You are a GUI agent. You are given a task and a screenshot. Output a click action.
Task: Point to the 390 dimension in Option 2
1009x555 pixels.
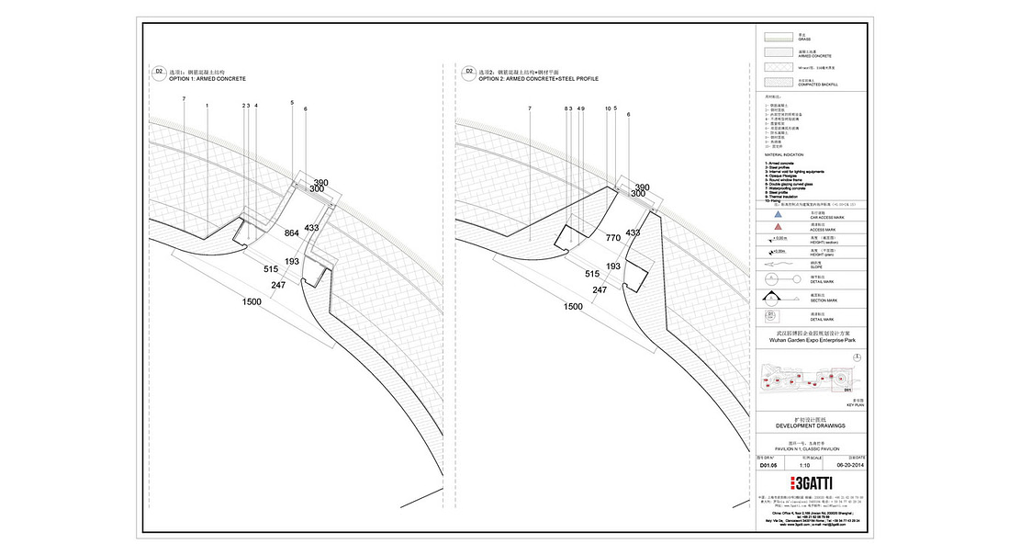coord(642,186)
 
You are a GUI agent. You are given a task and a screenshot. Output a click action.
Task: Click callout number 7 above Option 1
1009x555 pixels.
coord(184,97)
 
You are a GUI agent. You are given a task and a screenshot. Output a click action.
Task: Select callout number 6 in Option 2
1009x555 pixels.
coord(629,114)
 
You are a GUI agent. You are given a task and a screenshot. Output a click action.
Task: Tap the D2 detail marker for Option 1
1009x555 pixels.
coord(158,71)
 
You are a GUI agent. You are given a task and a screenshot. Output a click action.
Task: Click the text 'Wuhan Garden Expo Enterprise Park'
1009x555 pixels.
coord(810,339)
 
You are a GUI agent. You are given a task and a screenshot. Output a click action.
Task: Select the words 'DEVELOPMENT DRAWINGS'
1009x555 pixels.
coord(810,426)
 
